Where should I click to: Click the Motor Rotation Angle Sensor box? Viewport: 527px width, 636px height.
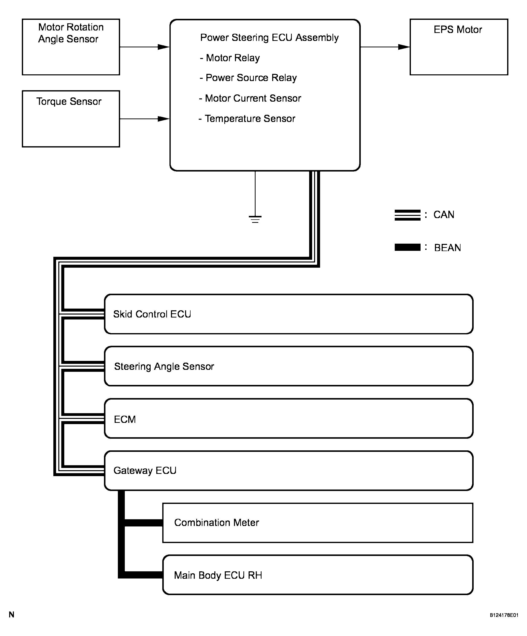(71, 47)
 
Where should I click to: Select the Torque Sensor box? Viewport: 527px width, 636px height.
(71, 119)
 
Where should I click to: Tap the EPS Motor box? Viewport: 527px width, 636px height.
(459, 47)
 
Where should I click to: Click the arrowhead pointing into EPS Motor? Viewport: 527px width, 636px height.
(404, 47)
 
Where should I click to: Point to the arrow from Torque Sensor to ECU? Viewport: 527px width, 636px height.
(144, 119)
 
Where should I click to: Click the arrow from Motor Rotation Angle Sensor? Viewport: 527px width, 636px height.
(144, 47)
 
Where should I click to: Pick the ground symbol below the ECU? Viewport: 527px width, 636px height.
(255, 219)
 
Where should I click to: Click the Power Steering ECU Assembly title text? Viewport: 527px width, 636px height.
(269, 38)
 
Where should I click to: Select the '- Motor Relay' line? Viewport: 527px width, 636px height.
(230, 58)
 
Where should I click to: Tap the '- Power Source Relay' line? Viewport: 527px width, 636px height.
(248, 78)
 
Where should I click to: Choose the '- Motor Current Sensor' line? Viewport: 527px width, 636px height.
(250, 98)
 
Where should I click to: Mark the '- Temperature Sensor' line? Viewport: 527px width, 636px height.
(247, 118)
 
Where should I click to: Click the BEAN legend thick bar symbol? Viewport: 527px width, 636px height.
(407, 247)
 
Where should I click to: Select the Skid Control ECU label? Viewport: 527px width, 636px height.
(152, 314)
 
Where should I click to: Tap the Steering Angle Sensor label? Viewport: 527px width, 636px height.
(164, 367)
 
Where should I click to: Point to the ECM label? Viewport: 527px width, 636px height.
(125, 419)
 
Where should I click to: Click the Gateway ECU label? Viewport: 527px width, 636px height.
(145, 470)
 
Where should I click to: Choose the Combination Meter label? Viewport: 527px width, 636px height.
(217, 522)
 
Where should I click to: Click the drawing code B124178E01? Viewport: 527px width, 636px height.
(504, 615)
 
